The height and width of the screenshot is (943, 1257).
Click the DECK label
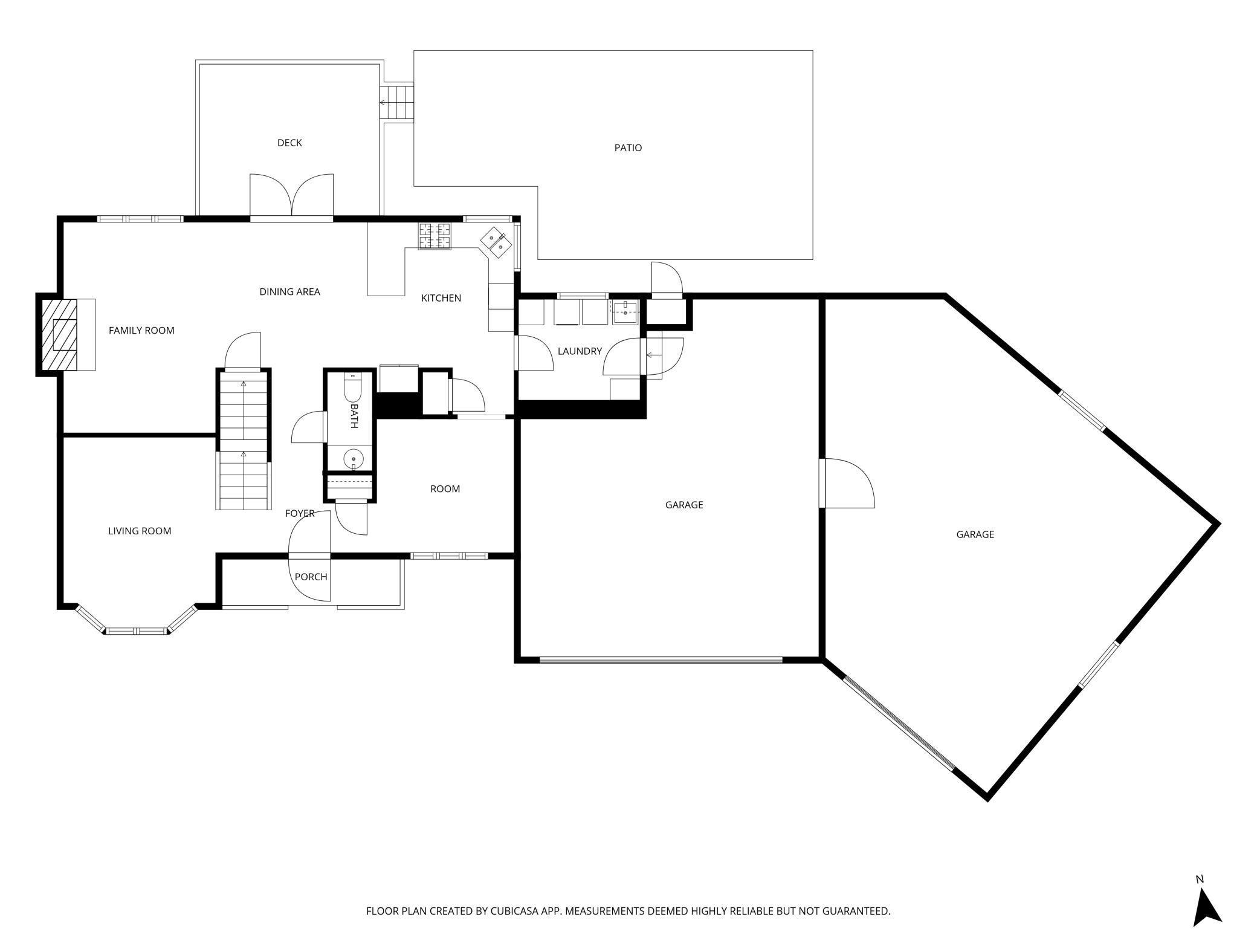pos(289,143)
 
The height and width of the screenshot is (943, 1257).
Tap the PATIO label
pos(628,147)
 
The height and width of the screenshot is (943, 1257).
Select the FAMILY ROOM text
pos(141,330)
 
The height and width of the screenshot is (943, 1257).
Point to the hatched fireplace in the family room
pos(59,334)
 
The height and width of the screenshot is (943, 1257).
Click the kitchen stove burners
pos(435,236)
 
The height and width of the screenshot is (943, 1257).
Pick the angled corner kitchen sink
pos(497,243)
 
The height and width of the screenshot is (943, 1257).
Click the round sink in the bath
pos(353,459)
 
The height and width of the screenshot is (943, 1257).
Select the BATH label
pos(354,416)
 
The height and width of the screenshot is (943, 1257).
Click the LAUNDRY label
pos(580,351)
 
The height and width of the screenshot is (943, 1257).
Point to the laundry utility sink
pos(625,313)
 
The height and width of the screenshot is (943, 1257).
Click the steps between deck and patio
pos(396,103)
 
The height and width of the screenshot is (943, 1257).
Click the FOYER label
pos(300,513)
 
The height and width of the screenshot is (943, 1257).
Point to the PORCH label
pos(311,577)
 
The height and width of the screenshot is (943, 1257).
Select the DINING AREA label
pos(289,291)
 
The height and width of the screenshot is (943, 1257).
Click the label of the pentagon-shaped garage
pos(975,534)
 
